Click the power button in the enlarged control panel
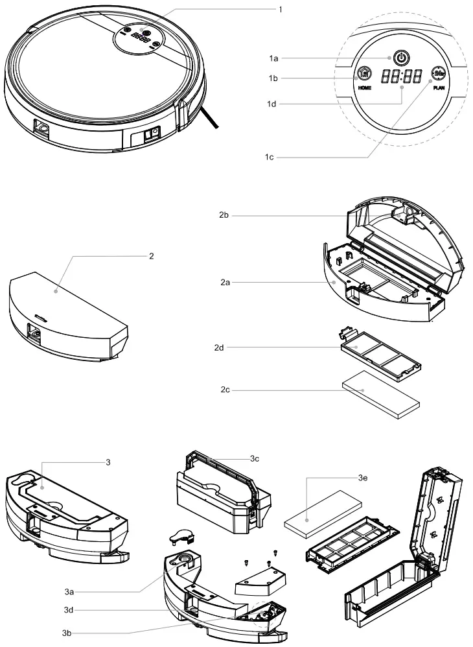[402, 58]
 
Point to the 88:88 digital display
[402, 76]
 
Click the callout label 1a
[273, 58]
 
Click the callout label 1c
[269, 158]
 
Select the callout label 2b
[224, 215]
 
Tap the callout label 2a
[224, 283]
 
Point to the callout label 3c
[255, 458]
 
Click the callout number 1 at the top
[280, 9]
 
